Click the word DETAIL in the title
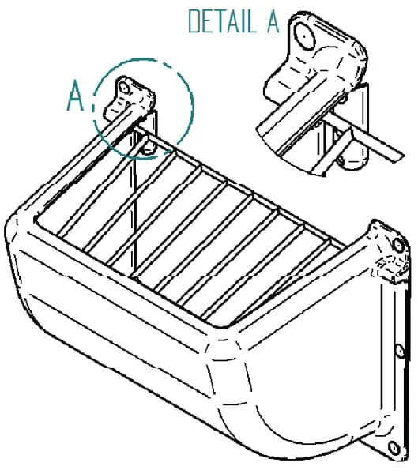221,21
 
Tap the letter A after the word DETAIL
273,21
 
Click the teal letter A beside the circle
75,96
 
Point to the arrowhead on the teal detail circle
169,151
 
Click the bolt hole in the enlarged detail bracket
304,36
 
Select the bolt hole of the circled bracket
124,87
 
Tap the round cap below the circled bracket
149,148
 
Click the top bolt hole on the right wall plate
399,244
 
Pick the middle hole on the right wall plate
400,352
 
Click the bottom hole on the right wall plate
394,448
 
